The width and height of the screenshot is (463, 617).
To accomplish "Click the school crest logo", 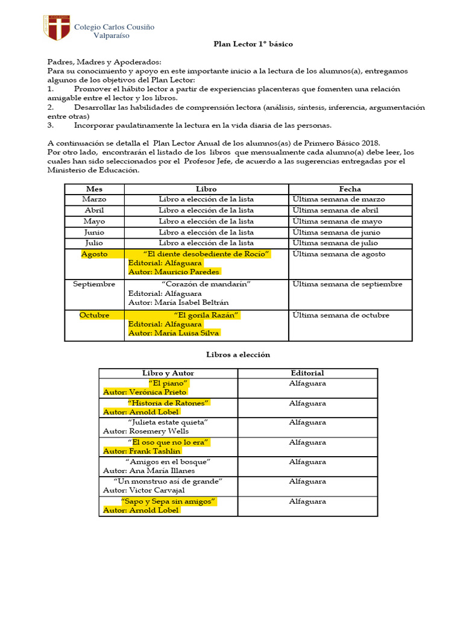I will tap(55, 28).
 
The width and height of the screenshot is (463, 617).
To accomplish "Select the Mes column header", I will tap(95, 189).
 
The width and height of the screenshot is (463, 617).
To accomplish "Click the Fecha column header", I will tap(350, 189).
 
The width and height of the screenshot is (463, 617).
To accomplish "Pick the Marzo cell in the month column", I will tap(95, 199).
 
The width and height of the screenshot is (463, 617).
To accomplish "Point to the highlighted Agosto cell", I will tap(95, 254).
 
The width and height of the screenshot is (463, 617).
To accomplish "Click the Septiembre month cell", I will tap(95, 284).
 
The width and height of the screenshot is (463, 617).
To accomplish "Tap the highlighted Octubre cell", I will tap(95, 315).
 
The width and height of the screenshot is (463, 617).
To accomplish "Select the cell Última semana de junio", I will tap(336, 233).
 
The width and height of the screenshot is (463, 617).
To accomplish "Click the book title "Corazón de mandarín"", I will tap(206, 284).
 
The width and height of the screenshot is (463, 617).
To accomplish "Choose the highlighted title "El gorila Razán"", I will tap(206, 315).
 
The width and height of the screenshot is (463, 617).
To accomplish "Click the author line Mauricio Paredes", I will tap(174, 272).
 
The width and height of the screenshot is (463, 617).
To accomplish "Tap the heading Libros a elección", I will tap(238, 355).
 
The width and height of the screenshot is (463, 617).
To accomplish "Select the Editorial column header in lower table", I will tap(307, 374).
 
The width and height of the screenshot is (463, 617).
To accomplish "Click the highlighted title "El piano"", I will tap(168, 383).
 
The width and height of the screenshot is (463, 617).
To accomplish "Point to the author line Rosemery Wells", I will tap(146, 431).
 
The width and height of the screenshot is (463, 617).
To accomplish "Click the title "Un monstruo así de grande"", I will tap(168, 481).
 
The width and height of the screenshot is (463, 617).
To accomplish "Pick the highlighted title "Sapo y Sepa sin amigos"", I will tap(168, 501).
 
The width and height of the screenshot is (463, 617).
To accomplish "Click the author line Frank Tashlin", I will tap(142, 451).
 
